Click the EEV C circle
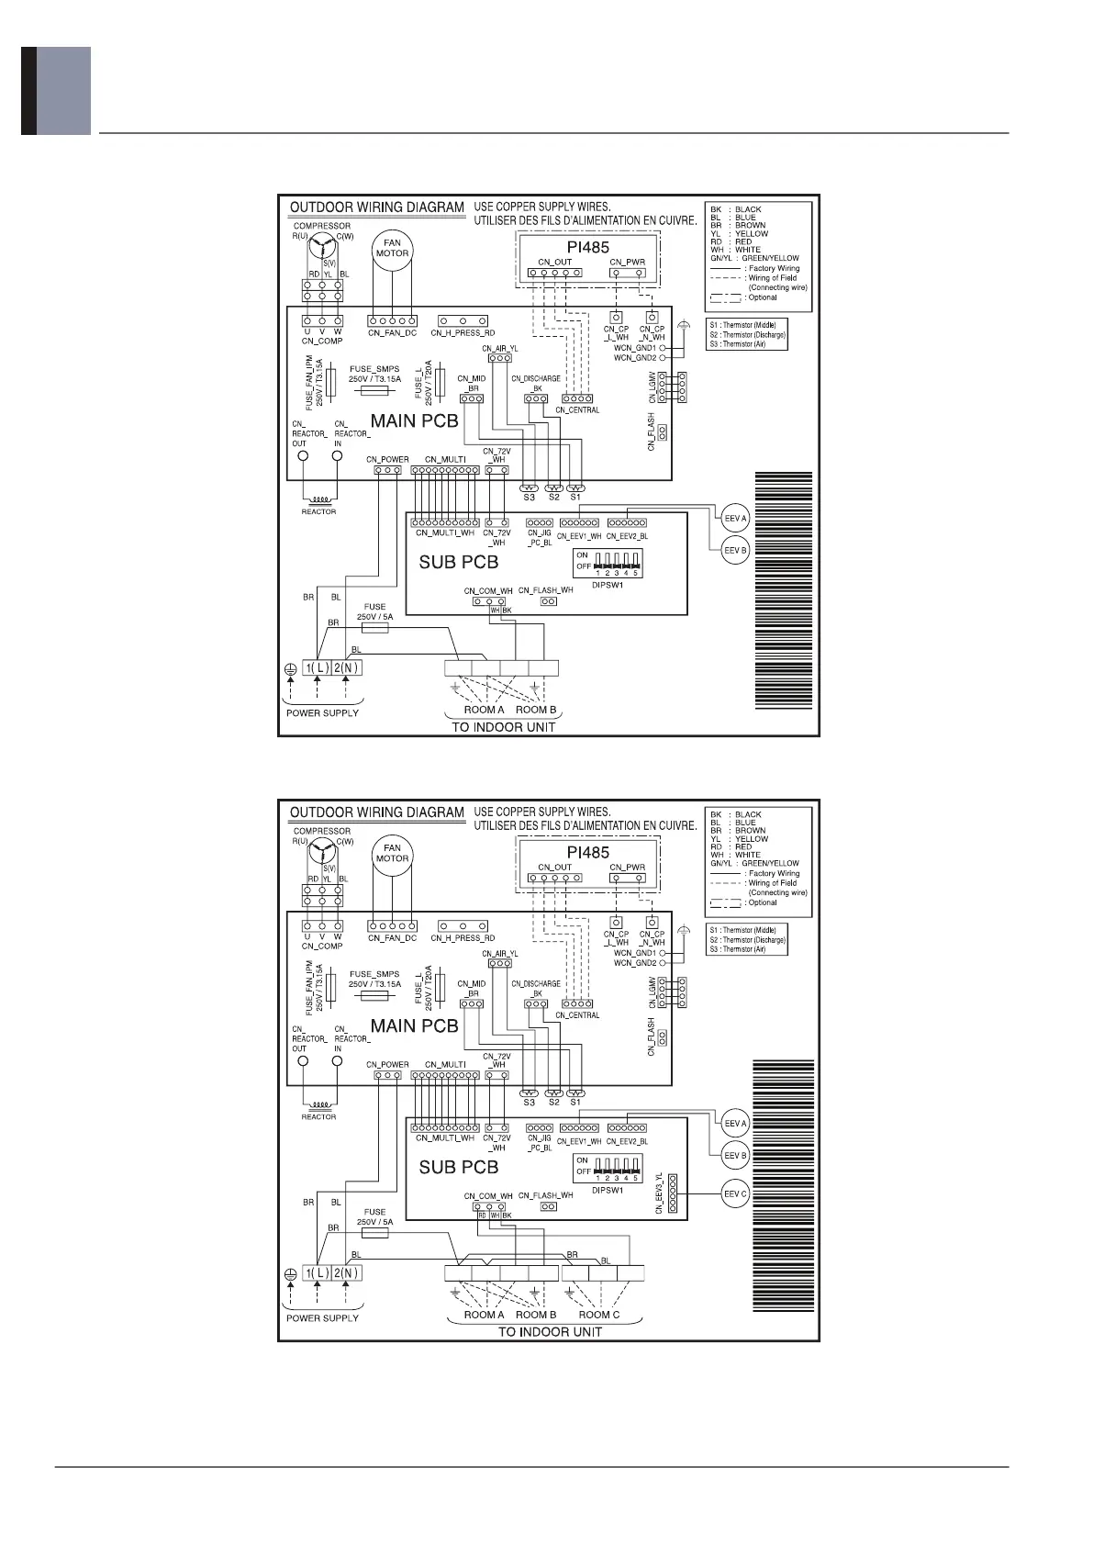coord(735,1193)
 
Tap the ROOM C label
coord(599,1315)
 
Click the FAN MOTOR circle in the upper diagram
coord(392,248)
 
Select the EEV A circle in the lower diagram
coord(735,1124)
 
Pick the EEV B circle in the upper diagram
coord(735,551)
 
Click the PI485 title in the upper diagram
coord(587,247)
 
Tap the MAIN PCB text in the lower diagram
coord(414,1026)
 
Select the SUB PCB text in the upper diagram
coord(459,562)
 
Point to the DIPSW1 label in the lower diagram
coord(607,1190)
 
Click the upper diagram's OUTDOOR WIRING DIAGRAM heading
coord(377,207)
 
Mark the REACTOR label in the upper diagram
coord(318,511)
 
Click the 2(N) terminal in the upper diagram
coord(346,668)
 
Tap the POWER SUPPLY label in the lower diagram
coord(322,1317)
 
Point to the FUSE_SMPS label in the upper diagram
coord(374,369)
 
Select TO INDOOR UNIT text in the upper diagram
coord(504,727)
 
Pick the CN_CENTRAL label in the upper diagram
coord(577,410)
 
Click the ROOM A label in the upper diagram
coord(484,710)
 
